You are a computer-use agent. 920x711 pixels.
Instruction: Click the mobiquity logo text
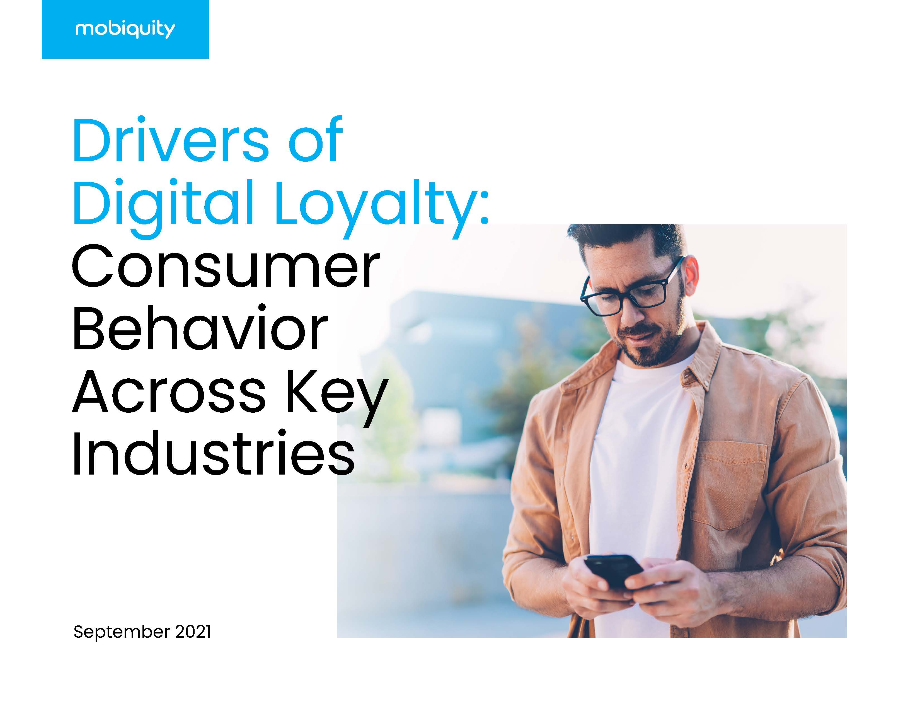point(125,30)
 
